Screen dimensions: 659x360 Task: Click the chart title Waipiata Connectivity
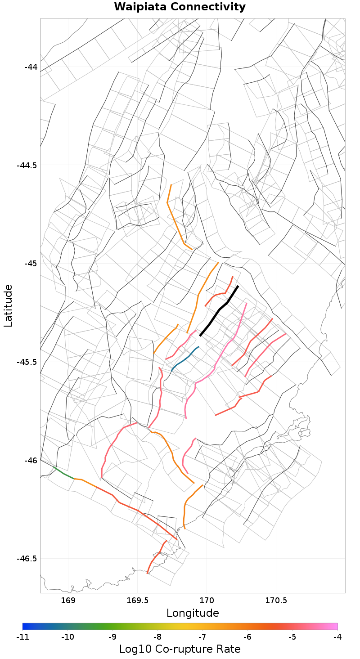point(180,7)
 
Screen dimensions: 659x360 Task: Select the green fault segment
point(63,473)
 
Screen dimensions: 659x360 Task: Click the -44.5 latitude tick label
point(27,165)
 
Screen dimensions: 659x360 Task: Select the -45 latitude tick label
point(30,263)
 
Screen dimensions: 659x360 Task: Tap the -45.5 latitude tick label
point(27,362)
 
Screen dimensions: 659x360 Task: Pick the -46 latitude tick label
point(30,460)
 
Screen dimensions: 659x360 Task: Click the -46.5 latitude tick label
point(27,558)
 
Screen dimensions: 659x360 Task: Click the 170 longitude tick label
point(207,601)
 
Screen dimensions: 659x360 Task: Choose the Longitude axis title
point(193,613)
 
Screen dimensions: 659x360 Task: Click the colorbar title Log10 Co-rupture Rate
point(180,649)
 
